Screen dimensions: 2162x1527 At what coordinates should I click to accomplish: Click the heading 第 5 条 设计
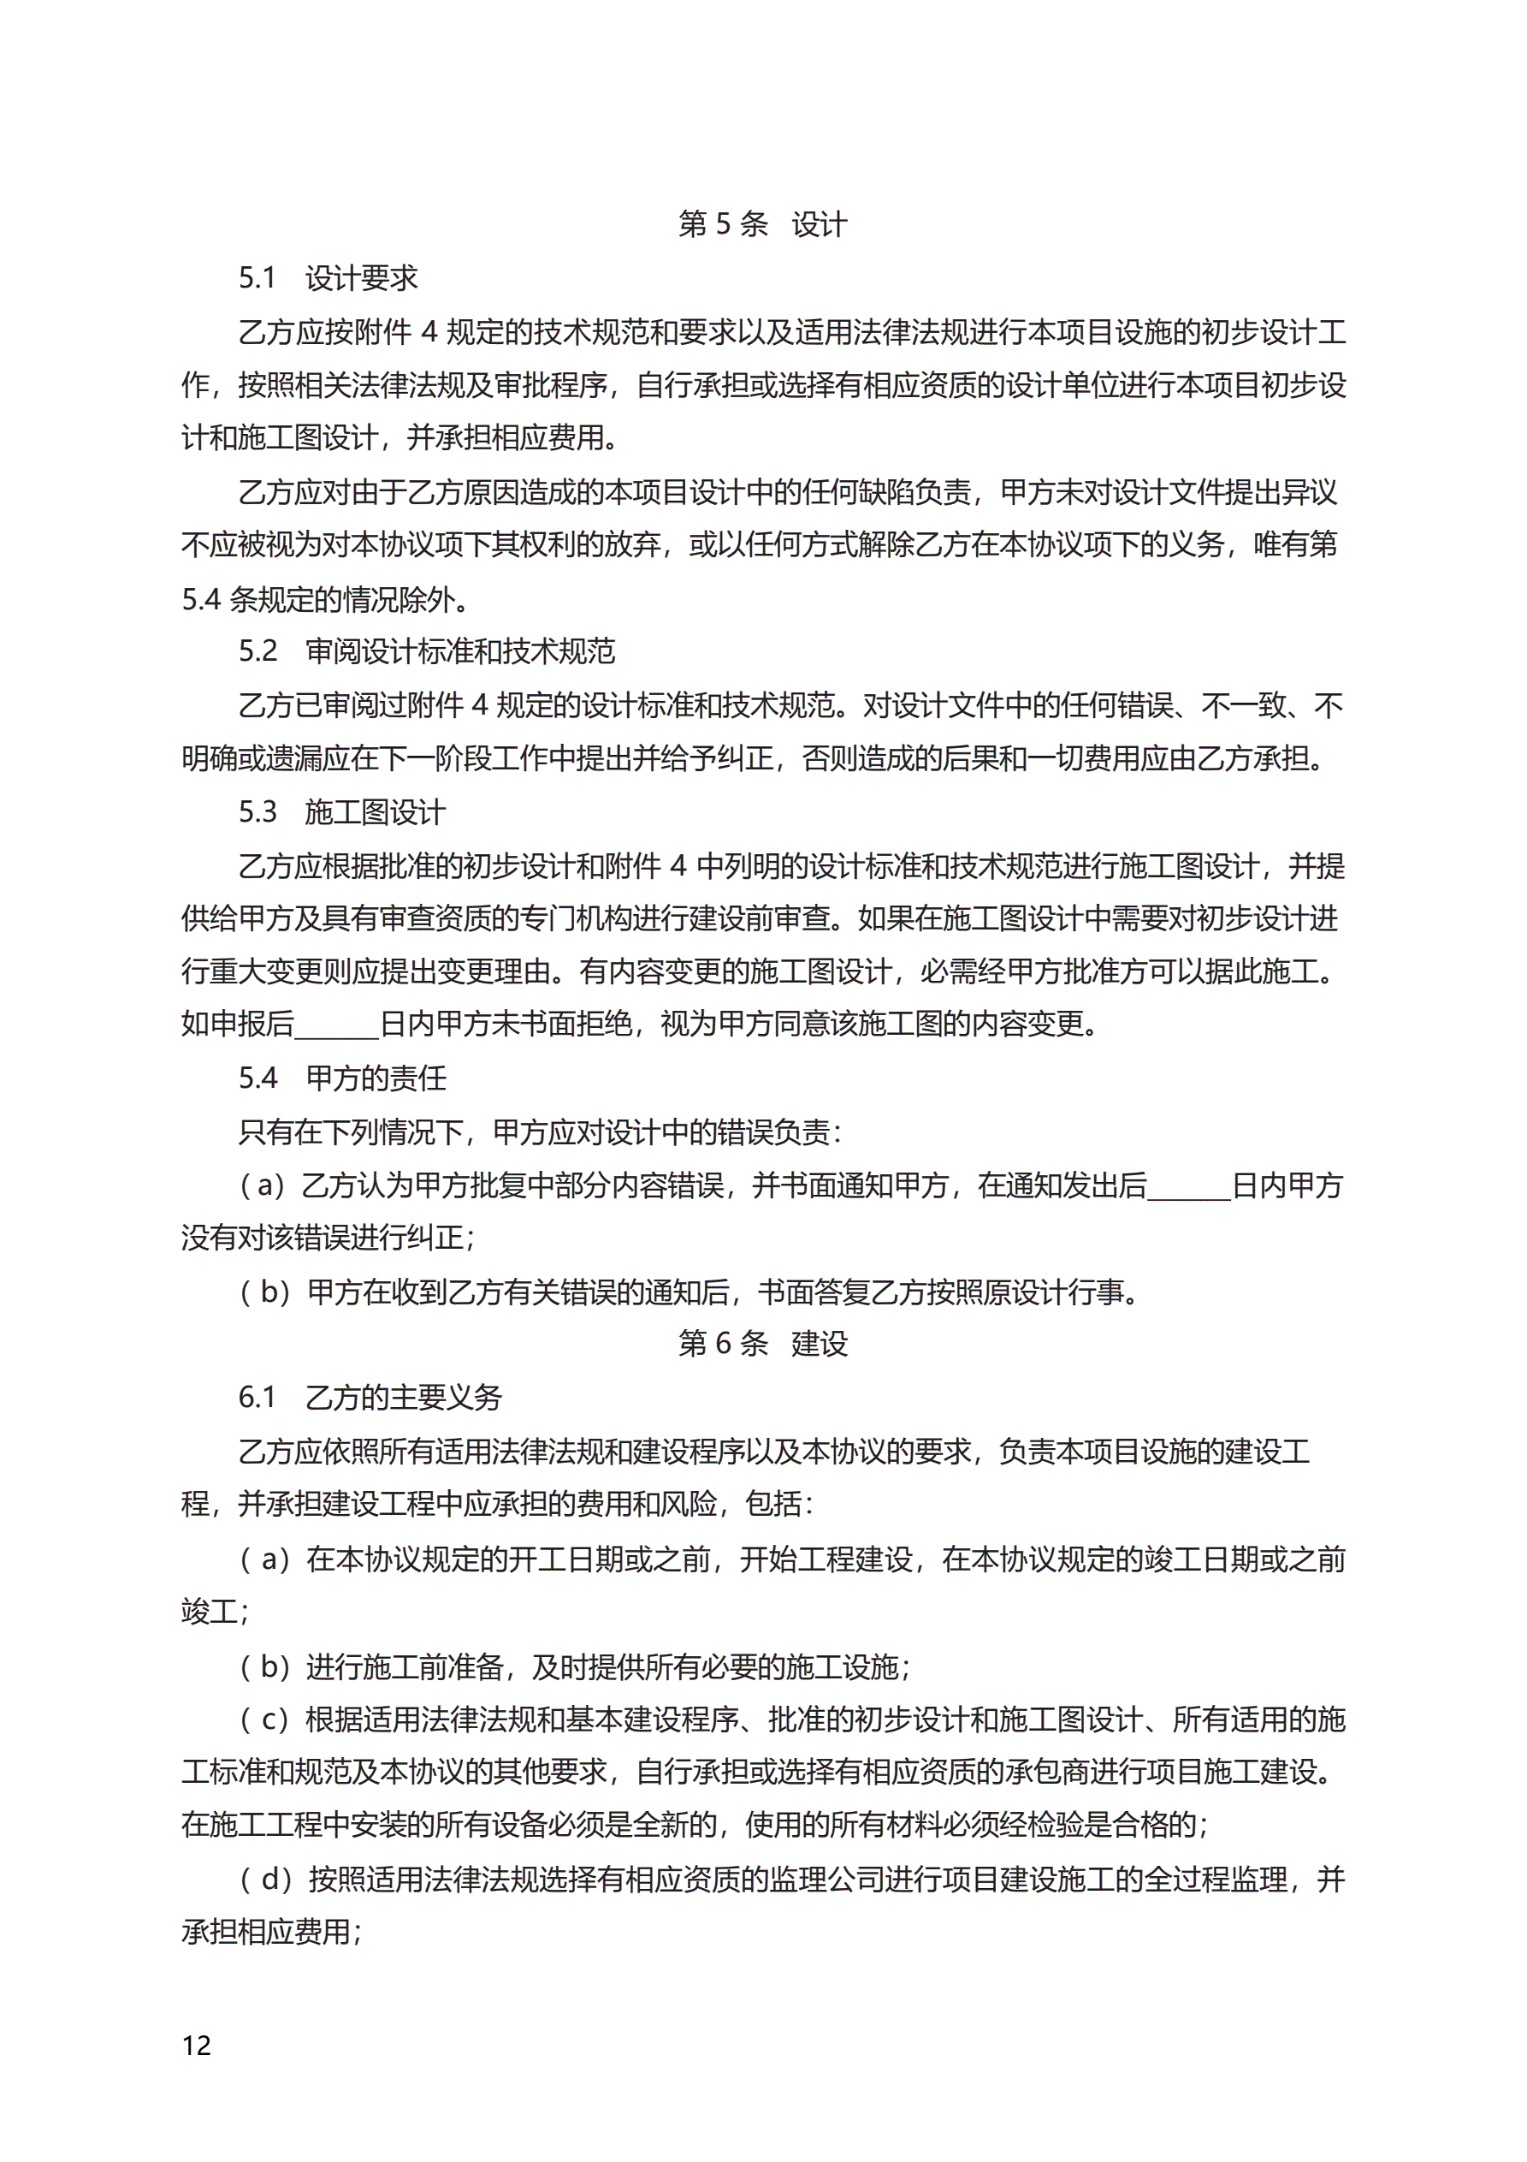tap(762, 224)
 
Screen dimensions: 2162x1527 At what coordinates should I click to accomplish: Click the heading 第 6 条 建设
tap(762, 1343)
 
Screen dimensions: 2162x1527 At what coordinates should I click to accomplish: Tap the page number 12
tap(197, 2046)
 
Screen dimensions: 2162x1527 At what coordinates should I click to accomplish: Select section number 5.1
tap(257, 278)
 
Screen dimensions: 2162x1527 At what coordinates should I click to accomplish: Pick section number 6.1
tap(257, 1397)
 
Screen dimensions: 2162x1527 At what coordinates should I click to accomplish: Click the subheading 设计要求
tap(362, 278)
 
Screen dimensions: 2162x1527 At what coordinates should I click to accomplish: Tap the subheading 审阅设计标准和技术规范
tap(460, 650)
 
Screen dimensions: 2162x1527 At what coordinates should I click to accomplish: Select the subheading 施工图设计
tap(376, 811)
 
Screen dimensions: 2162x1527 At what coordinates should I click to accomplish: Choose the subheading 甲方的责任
tap(376, 1078)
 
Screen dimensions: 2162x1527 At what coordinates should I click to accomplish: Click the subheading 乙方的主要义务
tap(404, 1397)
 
